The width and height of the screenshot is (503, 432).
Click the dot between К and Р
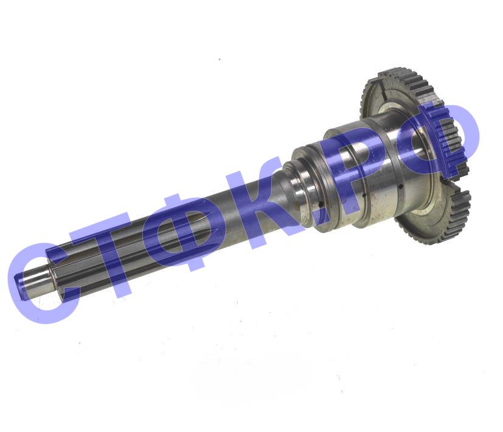pyautogui.click(x=321, y=212)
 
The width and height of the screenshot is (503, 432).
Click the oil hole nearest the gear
pyautogui.click(x=401, y=186)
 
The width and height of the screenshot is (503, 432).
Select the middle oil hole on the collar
pyautogui.click(x=364, y=194)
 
